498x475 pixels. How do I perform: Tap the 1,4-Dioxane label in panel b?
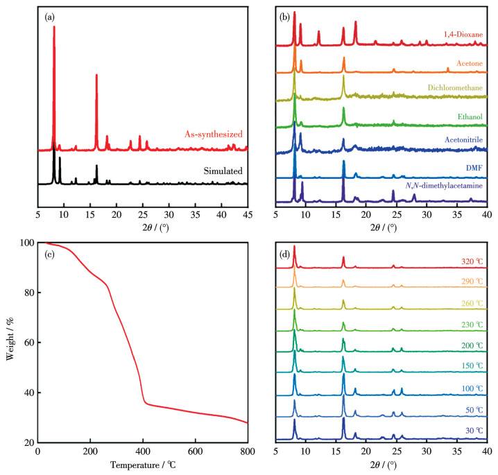pyautogui.click(x=463, y=34)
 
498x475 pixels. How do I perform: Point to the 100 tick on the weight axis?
pyautogui.click(x=26, y=243)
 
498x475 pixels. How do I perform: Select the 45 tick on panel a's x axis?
pyautogui.click(x=247, y=215)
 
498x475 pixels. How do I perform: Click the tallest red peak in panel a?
pyautogui.click(x=54, y=28)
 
